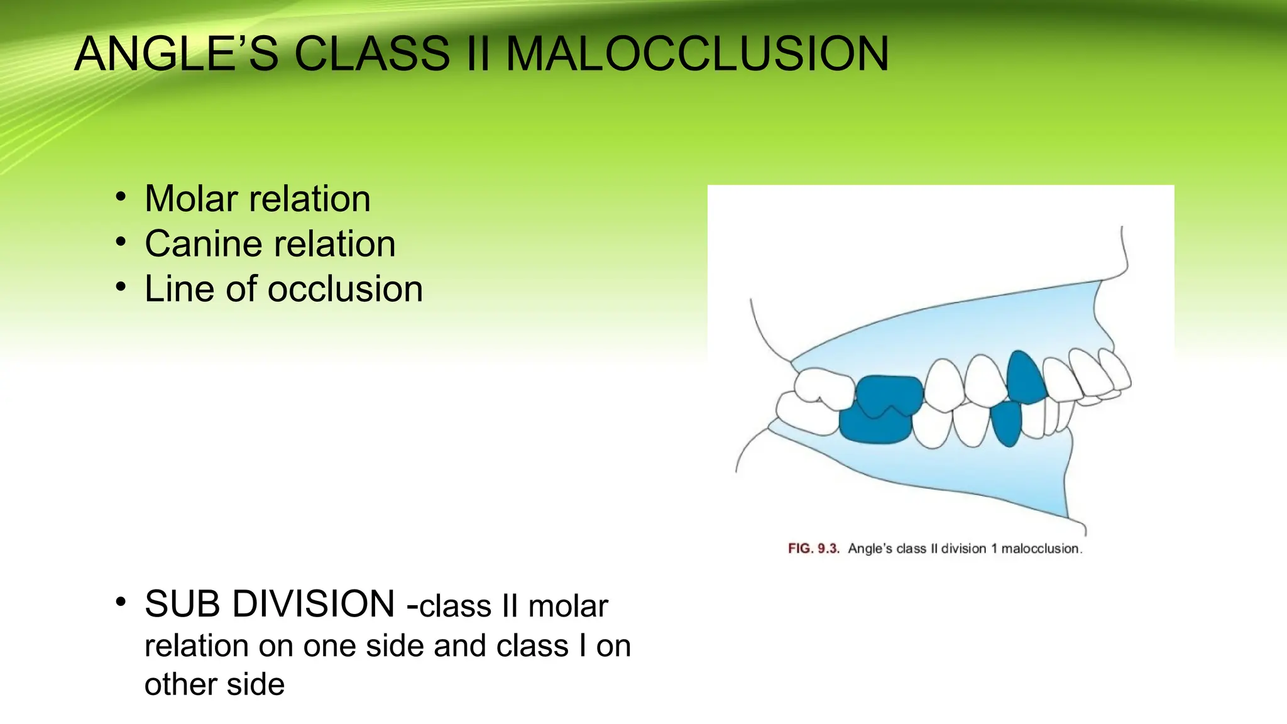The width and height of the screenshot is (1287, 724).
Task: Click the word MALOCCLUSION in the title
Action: tap(697, 54)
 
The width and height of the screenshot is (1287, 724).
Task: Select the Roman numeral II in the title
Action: tap(478, 54)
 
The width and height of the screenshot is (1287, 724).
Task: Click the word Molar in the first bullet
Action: tap(192, 199)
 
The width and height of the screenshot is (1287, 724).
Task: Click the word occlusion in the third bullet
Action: tap(345, 290)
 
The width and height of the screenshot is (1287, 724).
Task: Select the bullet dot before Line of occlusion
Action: tap(121, 287)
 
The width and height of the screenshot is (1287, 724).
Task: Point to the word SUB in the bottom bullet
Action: tap(182, 604)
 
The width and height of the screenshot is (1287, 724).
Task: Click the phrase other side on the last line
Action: tap(214, 684)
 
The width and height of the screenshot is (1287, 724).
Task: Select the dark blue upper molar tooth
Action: tap(889, 395)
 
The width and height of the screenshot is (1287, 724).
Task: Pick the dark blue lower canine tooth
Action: tap(1008, 423)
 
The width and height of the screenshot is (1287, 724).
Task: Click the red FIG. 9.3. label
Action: tap(813, 549)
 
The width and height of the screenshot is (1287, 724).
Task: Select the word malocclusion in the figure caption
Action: tap(1041, 549)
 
